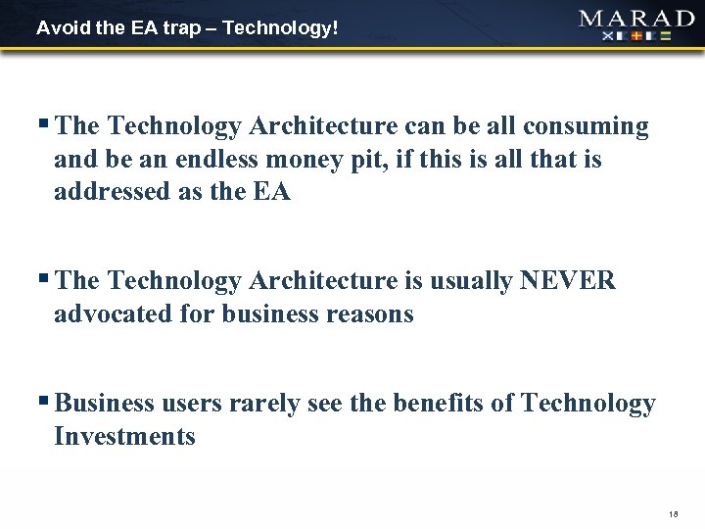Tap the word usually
461,281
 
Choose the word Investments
125,436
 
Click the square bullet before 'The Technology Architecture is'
46,279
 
